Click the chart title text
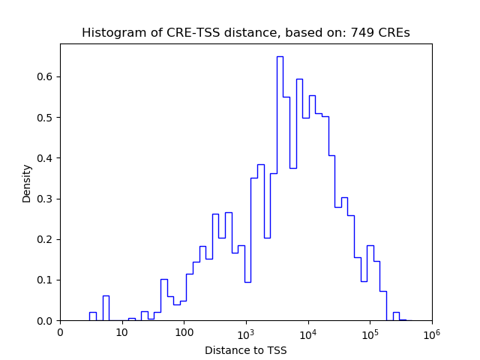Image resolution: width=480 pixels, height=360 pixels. point(245,33)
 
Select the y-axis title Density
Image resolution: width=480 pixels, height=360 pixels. point(27,183)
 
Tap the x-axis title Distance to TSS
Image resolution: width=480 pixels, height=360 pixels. point(245,350)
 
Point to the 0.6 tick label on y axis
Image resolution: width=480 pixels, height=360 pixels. point(44,76)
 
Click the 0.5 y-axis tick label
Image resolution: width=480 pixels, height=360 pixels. point(44,118)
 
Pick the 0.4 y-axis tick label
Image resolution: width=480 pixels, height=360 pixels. point(44,158)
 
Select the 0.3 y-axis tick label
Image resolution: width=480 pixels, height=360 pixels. point(44,199)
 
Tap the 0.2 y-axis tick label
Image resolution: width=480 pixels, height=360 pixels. point(44,240)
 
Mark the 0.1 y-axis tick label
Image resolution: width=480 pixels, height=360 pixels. point(44,280)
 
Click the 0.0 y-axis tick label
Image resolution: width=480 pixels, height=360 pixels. point(44,321)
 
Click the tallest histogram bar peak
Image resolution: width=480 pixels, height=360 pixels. point(280,57)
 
